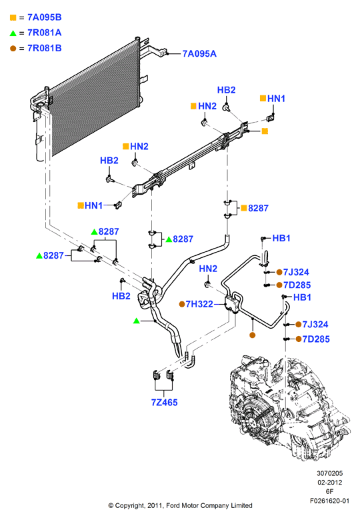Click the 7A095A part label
199,54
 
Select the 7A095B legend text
45,17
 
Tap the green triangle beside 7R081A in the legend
13,33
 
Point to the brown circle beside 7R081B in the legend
13,49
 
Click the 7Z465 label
165,402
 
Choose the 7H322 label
199,304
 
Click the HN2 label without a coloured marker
208,268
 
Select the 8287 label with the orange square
258,208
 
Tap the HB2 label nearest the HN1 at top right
227,90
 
